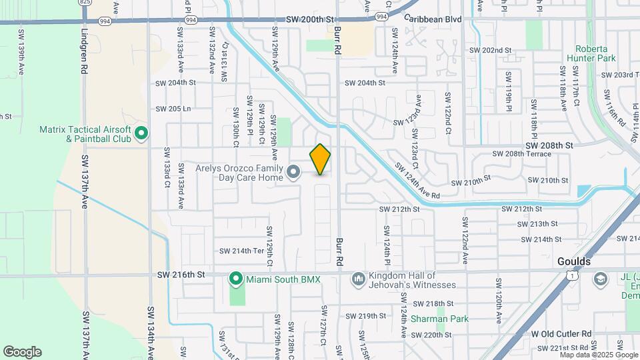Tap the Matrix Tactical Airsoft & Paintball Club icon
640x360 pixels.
click(141, 134)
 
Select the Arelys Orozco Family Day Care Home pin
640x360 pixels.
click(293, 173)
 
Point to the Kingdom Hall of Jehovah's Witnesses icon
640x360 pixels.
click(358, 277)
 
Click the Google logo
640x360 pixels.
click(22, 352)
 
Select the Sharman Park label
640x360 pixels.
click(439, 319)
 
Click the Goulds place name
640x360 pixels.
click(575, 262)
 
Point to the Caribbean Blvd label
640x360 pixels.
click(433, 19)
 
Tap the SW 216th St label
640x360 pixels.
click(179, 274)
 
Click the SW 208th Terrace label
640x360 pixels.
click(522, 154)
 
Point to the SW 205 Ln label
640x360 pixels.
click(173, 109)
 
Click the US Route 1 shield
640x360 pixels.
click(571, 275)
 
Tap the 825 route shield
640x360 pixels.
click(85, 3)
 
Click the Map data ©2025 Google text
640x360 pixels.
click(599, 355)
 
